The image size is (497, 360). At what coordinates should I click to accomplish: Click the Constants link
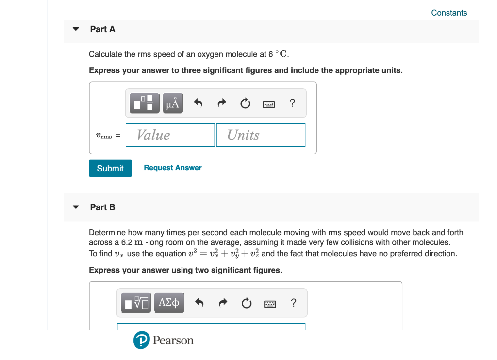pos(449,13)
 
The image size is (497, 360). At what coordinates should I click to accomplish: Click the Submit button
pos(110,168)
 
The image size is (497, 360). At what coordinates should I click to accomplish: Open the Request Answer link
pos(173,168)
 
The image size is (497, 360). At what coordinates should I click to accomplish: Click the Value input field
pos(170,135)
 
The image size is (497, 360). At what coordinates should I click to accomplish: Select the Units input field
pos(261,135)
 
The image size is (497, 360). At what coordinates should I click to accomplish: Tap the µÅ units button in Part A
pos(173,103)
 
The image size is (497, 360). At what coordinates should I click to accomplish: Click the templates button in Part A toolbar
pos(145,103)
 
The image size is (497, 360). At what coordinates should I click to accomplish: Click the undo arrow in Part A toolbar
pos(198,103)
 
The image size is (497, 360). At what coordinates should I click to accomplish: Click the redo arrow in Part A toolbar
pos(222,103)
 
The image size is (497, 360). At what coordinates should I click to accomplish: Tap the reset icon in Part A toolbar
pos(246,103)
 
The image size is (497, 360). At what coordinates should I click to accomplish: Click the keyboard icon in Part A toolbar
pos(269,103)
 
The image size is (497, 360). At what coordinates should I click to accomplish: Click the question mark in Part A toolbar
pos(292,103)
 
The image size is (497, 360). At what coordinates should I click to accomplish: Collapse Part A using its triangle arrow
pos(76,29)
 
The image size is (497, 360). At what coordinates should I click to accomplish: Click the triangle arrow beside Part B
pos(76,207)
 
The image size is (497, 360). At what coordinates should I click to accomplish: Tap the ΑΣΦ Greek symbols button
pos(169,303)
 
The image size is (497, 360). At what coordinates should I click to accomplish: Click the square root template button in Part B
pos(136,303)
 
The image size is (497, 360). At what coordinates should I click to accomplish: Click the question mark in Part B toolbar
pos(293,303)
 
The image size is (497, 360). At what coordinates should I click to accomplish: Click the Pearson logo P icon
pos(141,341)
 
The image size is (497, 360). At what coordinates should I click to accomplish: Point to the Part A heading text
pos(103,29)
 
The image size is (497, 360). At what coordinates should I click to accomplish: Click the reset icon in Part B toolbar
pos(247,304)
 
